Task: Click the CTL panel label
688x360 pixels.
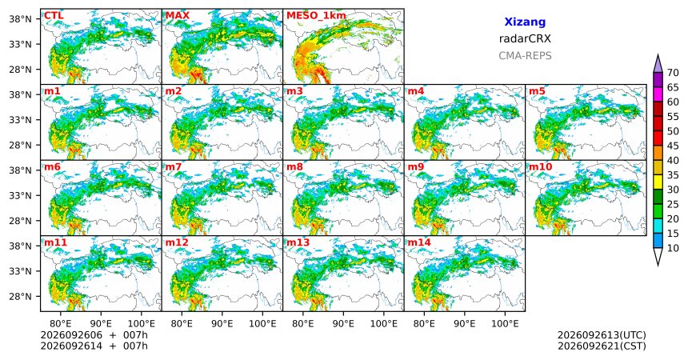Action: (54, 16)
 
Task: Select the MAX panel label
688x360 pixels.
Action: (178, 16)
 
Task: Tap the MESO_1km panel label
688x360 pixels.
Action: (316, 16)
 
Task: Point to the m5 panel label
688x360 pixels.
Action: (538, 91)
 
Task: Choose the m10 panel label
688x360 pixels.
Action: (540, 167)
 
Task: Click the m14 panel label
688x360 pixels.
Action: (419, 242)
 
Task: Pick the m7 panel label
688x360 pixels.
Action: (174, 167)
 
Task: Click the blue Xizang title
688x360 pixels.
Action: (525, 22)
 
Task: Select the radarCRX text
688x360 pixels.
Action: (525, 38)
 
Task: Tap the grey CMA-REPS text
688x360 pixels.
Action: (525, 56)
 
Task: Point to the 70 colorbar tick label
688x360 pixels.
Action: (673, 73)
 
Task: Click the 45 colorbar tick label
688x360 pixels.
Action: (673, 146)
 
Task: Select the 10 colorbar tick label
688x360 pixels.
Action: (673, 248)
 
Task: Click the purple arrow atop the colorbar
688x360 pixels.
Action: (658, 64)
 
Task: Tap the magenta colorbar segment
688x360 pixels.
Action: (658, 94)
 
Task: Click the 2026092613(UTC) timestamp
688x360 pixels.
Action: (602, 335)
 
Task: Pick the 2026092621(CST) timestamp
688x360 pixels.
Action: (602, 346)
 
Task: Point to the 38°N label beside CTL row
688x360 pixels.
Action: (20, 19)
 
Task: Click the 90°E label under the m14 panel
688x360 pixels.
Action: (465, 324)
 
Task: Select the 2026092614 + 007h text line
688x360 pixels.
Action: (94, 346)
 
